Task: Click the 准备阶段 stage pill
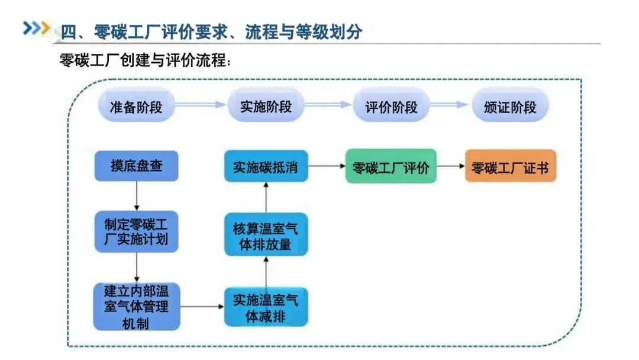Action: tap(136, 107)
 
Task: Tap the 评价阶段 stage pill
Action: tap(391, 107)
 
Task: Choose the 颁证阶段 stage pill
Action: tap(510, 107)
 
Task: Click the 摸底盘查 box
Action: tap(136, 166)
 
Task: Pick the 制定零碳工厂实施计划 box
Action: tap(136, 232)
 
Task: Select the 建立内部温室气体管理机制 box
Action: tap(136, 307)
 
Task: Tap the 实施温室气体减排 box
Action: tap(266, 307)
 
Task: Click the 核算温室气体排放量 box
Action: tap(266, 234)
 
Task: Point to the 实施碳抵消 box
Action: tap(266, 166)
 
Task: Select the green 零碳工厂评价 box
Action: tap(391, 166)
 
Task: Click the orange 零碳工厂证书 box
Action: tap(510, 166)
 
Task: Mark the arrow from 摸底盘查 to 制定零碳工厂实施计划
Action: tap(137, 196)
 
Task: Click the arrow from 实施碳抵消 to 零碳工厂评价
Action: tap(327, 166)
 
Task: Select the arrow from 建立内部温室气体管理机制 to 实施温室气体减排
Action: tap(202, 307)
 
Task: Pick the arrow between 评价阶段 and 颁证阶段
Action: tap(450, 105)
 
